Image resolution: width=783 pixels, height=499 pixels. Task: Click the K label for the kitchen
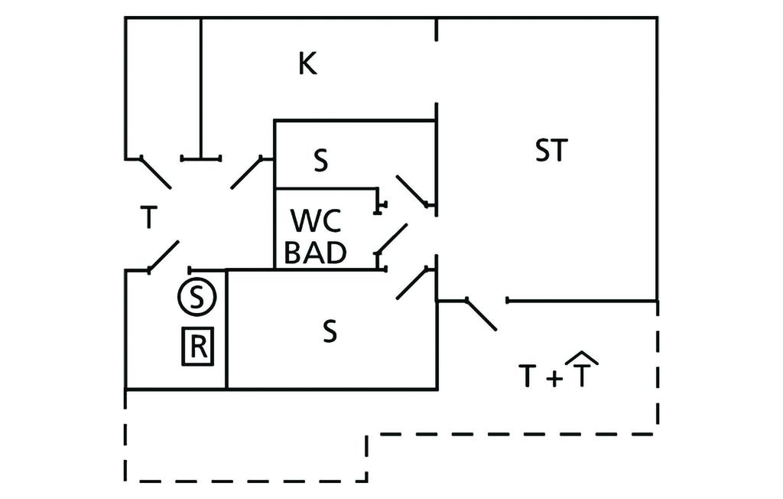[x=307, y=64]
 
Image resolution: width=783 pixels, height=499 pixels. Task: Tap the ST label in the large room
[x=551, y=151]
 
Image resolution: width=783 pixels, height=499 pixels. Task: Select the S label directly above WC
[x=321, y=161]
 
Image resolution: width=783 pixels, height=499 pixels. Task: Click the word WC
[x=314, y=220]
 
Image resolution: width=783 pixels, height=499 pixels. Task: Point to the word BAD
[x=316, y=253]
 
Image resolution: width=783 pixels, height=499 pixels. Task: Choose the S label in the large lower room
[x=329, y=331]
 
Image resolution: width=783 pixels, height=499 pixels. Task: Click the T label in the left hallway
[x=148, y=219]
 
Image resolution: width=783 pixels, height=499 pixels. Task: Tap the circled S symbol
[x=197, y=296]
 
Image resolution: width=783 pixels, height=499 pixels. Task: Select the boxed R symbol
[x=197, y=347]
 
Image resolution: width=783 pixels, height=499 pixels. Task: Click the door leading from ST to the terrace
[x=481, y=315]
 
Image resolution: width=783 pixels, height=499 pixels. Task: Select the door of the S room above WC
[x=412, y=191]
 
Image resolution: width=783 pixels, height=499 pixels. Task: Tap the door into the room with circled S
[x=163, y=257]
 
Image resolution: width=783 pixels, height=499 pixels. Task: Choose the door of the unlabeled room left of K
[x=156, y=173]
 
